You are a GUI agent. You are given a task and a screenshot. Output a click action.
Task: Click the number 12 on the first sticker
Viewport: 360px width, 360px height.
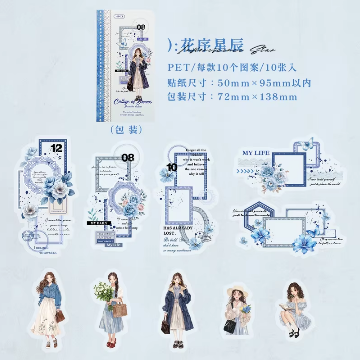point(56,147)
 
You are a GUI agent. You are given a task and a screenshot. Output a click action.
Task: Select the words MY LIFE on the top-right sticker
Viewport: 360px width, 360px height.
point(256,153)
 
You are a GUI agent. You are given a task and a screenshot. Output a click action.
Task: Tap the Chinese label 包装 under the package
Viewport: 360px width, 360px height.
point(126,129)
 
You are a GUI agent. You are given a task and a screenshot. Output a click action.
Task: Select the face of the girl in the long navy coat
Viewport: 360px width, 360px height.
point(176,280)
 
